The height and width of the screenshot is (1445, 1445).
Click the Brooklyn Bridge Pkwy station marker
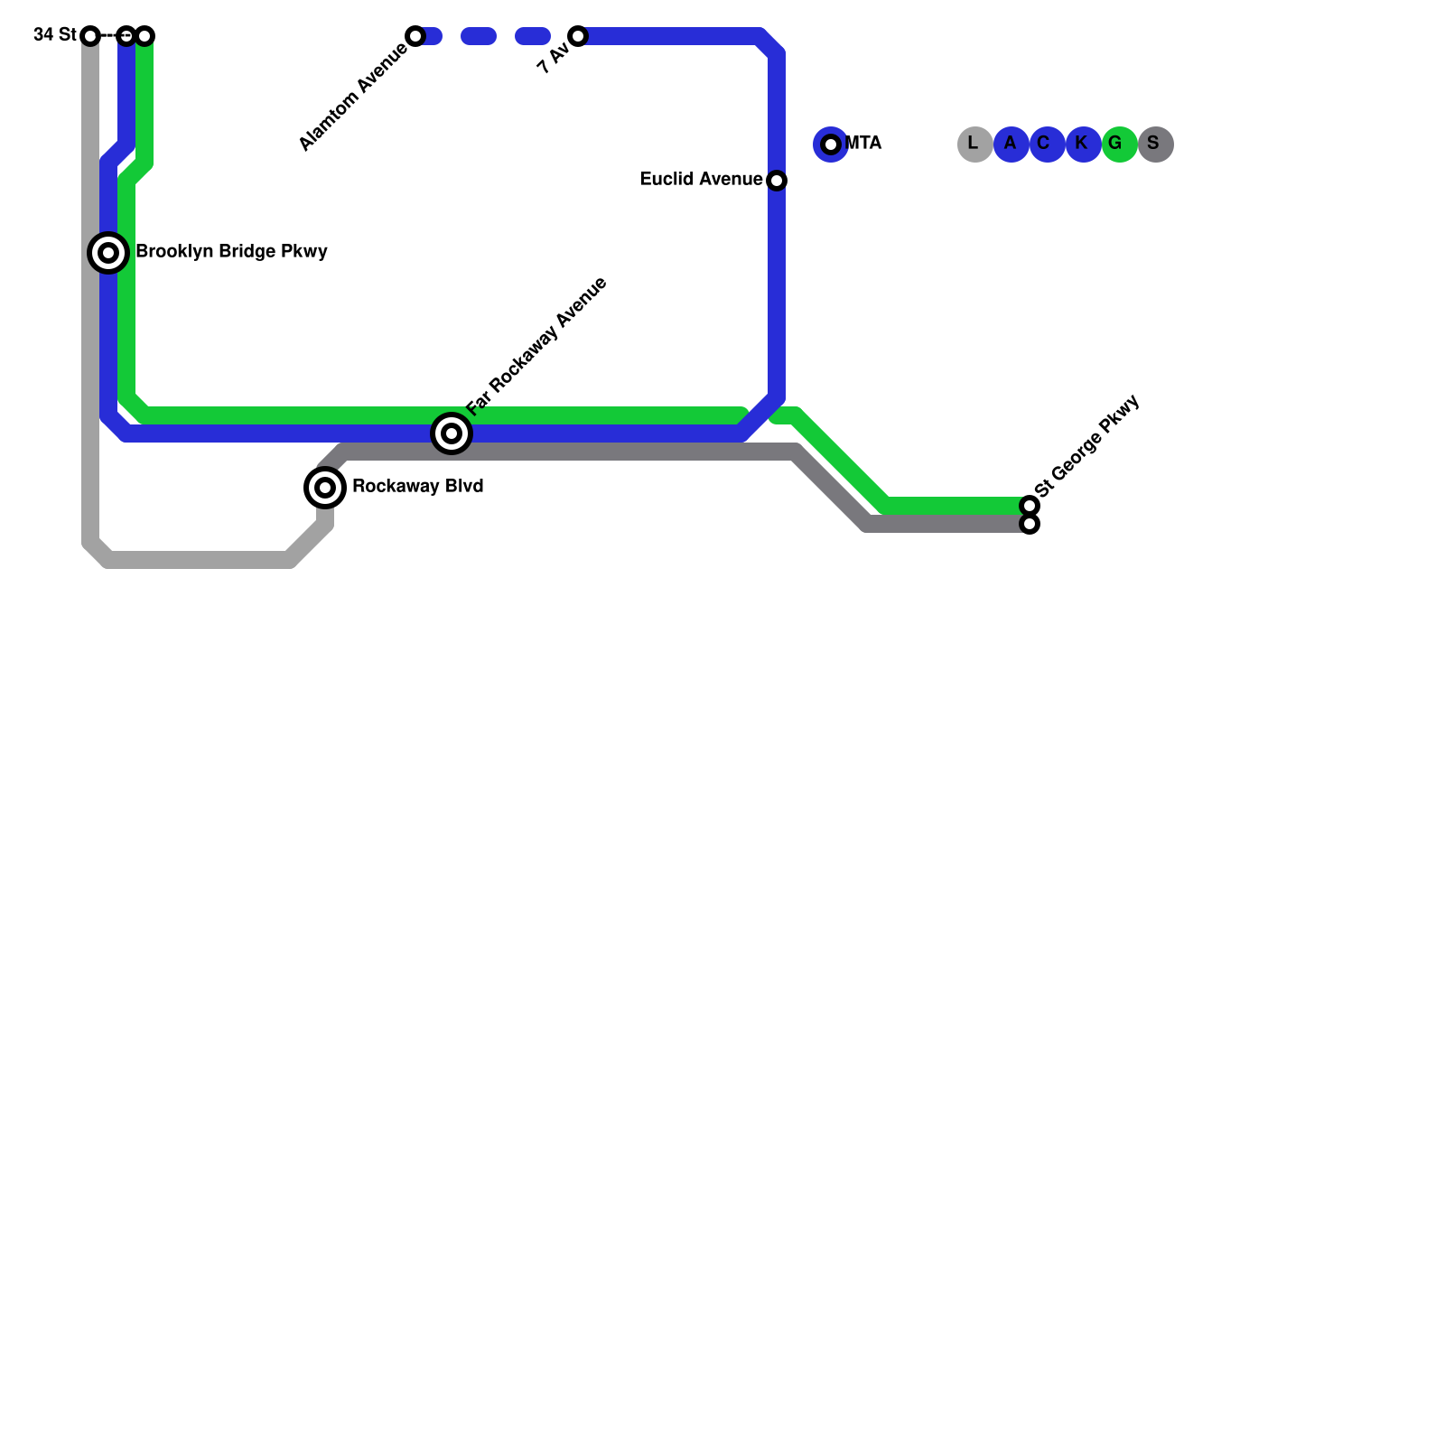pyautogui.click(x=108, y=253)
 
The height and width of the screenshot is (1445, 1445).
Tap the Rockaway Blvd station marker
pyautogui.click(x=325, y=488)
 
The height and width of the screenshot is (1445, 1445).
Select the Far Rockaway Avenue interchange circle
pyautogui.click(x=452, y=433)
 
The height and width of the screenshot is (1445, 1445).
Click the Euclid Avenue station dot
pyautogui.click(x=777, y=181)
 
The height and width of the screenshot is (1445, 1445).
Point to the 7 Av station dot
pyautogui.click(x=578, y=36)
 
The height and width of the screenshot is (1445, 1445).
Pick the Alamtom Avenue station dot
pyautogui.click(x=415, y=36)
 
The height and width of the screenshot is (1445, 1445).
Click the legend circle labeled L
pyautogui.click(x=974, y=144)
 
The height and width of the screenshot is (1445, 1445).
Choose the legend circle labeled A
pyautogui.click(x=1011, y=144)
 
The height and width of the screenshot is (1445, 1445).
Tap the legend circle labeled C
pyautogui.click(x=1047, y=144)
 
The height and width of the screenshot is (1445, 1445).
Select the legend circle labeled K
pyautogui.click(x=1083, y=144)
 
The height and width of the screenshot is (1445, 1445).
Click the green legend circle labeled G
pyautogui.click(x=1119, y=144)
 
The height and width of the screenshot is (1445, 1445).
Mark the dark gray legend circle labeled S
pyautogui.click(x=1155, y=144)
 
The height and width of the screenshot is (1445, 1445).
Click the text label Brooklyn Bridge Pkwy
pyautogui.click(x=231, y=252)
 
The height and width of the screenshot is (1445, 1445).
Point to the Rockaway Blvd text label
pyautogui.click(x=417, y=487)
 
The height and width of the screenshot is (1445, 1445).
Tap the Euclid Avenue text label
pyautogui.click(x=701, y=180)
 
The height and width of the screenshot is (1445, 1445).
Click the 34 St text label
pyautogui.click(x=54, y=35)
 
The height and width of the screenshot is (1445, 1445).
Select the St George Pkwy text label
pyautogui.click(x=1087, y=446)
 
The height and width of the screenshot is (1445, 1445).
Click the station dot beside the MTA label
pyautogui.click(x=831, y=144)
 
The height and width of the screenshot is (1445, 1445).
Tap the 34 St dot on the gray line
pyautogui.click(x=90, y=36)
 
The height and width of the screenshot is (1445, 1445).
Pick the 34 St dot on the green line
pyautogui.click(x=144, y=36)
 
